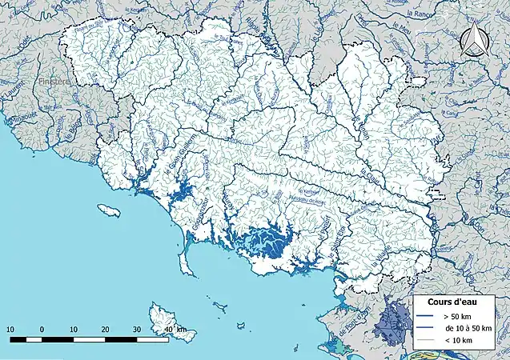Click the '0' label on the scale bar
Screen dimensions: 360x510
point(42,330)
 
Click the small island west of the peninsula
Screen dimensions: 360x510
point(109,210)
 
